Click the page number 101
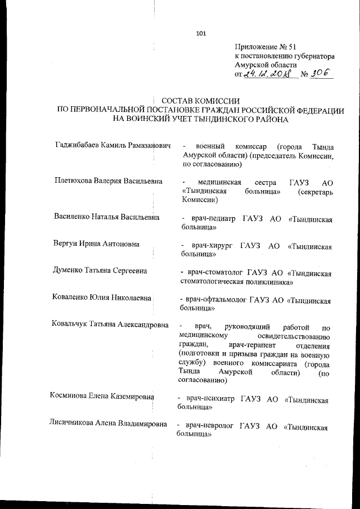[x=201, y=33]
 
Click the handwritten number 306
[x=318, y=74]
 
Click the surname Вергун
[x=66, y=244]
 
